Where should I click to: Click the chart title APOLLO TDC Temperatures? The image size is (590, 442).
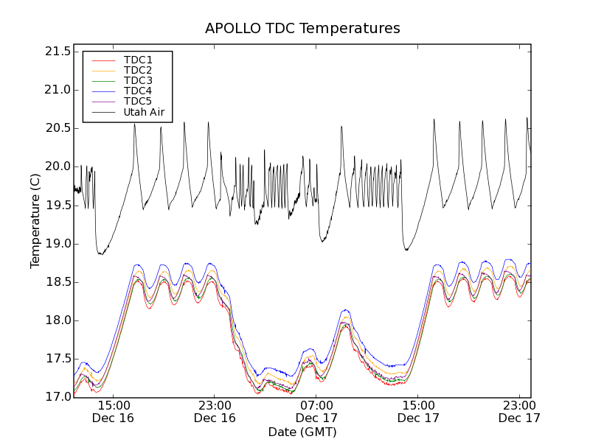coord(302,29)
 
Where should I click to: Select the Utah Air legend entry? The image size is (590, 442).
coord(144,112)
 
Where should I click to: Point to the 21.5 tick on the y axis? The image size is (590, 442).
coord(57,52)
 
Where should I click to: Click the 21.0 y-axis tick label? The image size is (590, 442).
coord(57,90)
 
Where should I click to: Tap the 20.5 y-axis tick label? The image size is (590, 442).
coord(57,128)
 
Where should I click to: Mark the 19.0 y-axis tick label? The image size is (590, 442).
coord(57,244)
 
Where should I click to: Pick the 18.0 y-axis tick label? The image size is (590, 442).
coord(57,320)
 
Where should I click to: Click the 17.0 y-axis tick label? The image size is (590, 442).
coord(57,397)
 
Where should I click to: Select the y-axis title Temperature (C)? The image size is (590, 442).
coord(35,221)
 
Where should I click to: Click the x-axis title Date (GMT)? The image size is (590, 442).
coord(302,432)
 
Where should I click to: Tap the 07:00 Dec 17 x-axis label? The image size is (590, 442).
coord(316,411)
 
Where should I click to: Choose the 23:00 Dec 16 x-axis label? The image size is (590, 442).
coord(215,411)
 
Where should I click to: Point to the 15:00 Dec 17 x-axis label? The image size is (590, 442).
coord(417,411)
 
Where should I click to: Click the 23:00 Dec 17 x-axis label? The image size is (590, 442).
coord(518,411)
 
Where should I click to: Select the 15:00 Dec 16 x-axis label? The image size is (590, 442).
coord(113,411)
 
